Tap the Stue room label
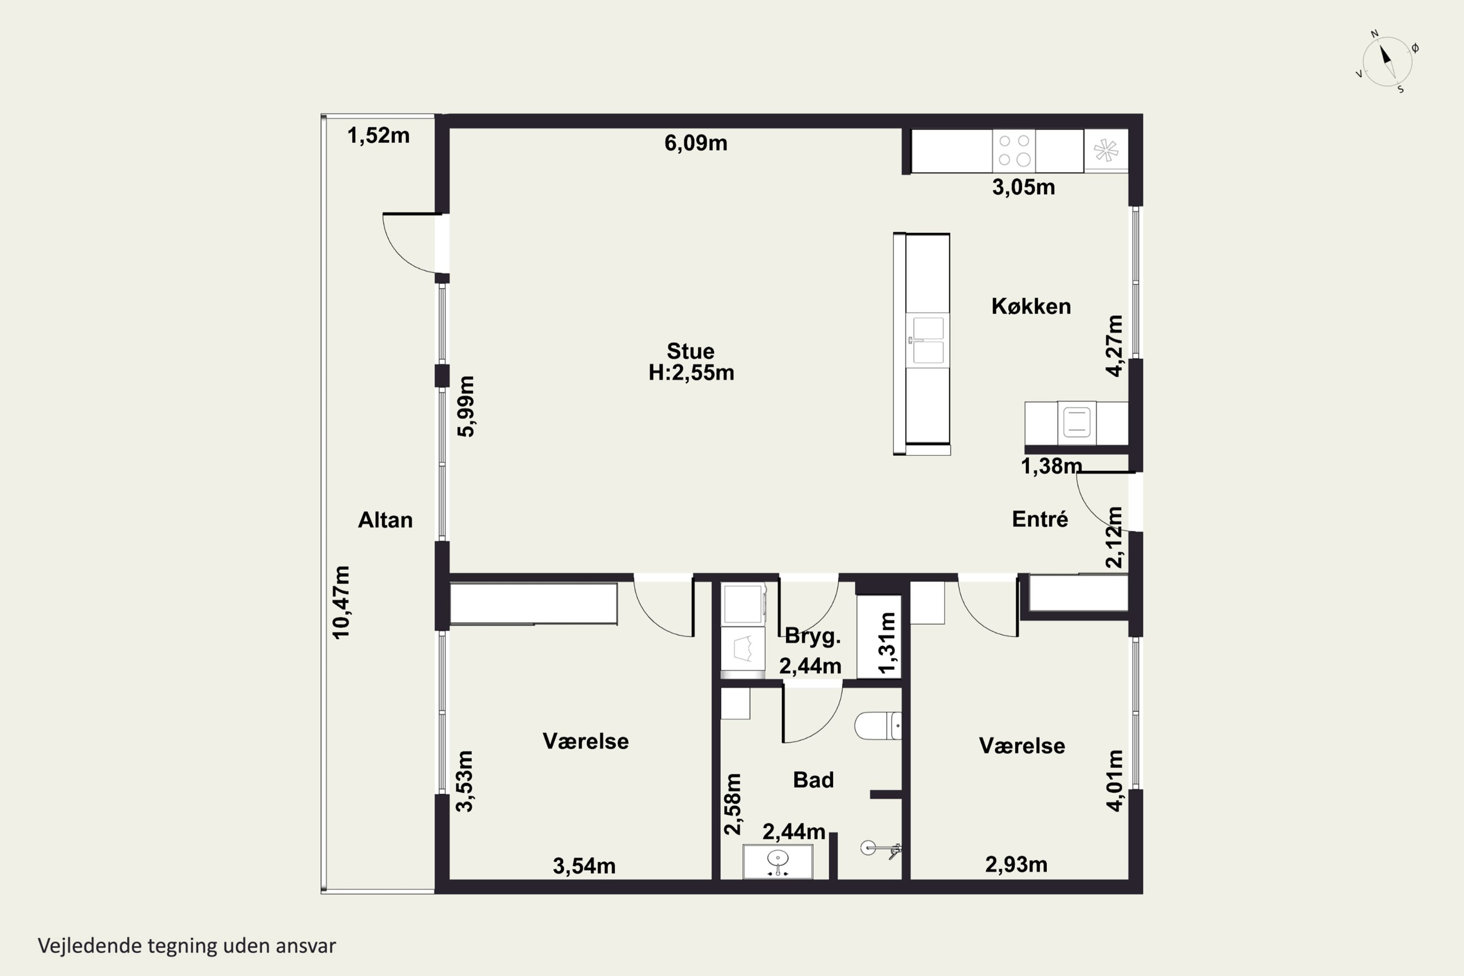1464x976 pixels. [691, 351]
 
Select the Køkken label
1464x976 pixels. [1031, 306]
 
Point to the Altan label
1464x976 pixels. [386, 520]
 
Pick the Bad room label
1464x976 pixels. [813, 780]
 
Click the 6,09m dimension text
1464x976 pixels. [696, 143]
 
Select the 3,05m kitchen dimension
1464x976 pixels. [1023, 187]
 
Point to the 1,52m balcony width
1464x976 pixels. [379, 136]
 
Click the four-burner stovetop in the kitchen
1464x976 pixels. [1014, 151]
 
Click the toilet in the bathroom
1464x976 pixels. [877, 726]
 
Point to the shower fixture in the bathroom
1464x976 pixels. [881, 849]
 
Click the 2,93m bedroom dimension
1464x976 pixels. [1016, 865]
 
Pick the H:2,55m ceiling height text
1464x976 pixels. [691, 373]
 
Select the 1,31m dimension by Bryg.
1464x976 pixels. [887, 643]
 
